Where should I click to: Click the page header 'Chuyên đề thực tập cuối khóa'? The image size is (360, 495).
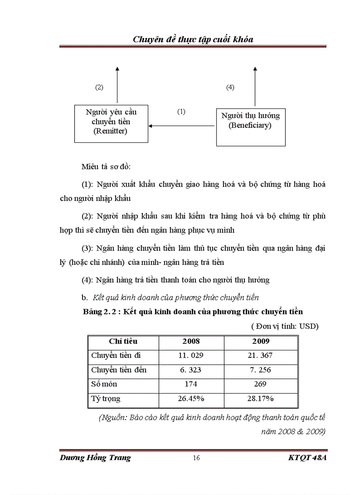coord(193,40)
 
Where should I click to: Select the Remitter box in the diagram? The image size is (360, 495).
coord(111,123)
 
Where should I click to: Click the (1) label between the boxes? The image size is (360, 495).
coord(181,112)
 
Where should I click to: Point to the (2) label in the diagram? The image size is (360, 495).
coord(99,87)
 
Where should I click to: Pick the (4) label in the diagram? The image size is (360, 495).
coord(230,87)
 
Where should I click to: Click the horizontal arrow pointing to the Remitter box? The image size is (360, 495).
coord(182,126)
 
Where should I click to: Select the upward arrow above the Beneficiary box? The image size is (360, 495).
coord(255,86)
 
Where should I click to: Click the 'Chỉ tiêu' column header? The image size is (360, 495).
coord(123,341)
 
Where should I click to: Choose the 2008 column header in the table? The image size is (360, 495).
coord(191,341)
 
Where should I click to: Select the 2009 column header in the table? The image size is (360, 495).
coord(261,341)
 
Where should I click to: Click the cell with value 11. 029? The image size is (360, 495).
coord(191,355)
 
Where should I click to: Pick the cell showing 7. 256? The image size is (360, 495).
coord(261,370)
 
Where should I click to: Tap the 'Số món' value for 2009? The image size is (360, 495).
coord(261,384)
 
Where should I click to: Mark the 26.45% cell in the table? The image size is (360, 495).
coord(191,399)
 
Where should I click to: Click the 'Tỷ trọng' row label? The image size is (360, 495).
coord(106,399)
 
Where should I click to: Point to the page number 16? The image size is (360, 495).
coord(196,458)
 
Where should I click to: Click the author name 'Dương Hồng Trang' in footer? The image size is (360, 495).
coord(95,458)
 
